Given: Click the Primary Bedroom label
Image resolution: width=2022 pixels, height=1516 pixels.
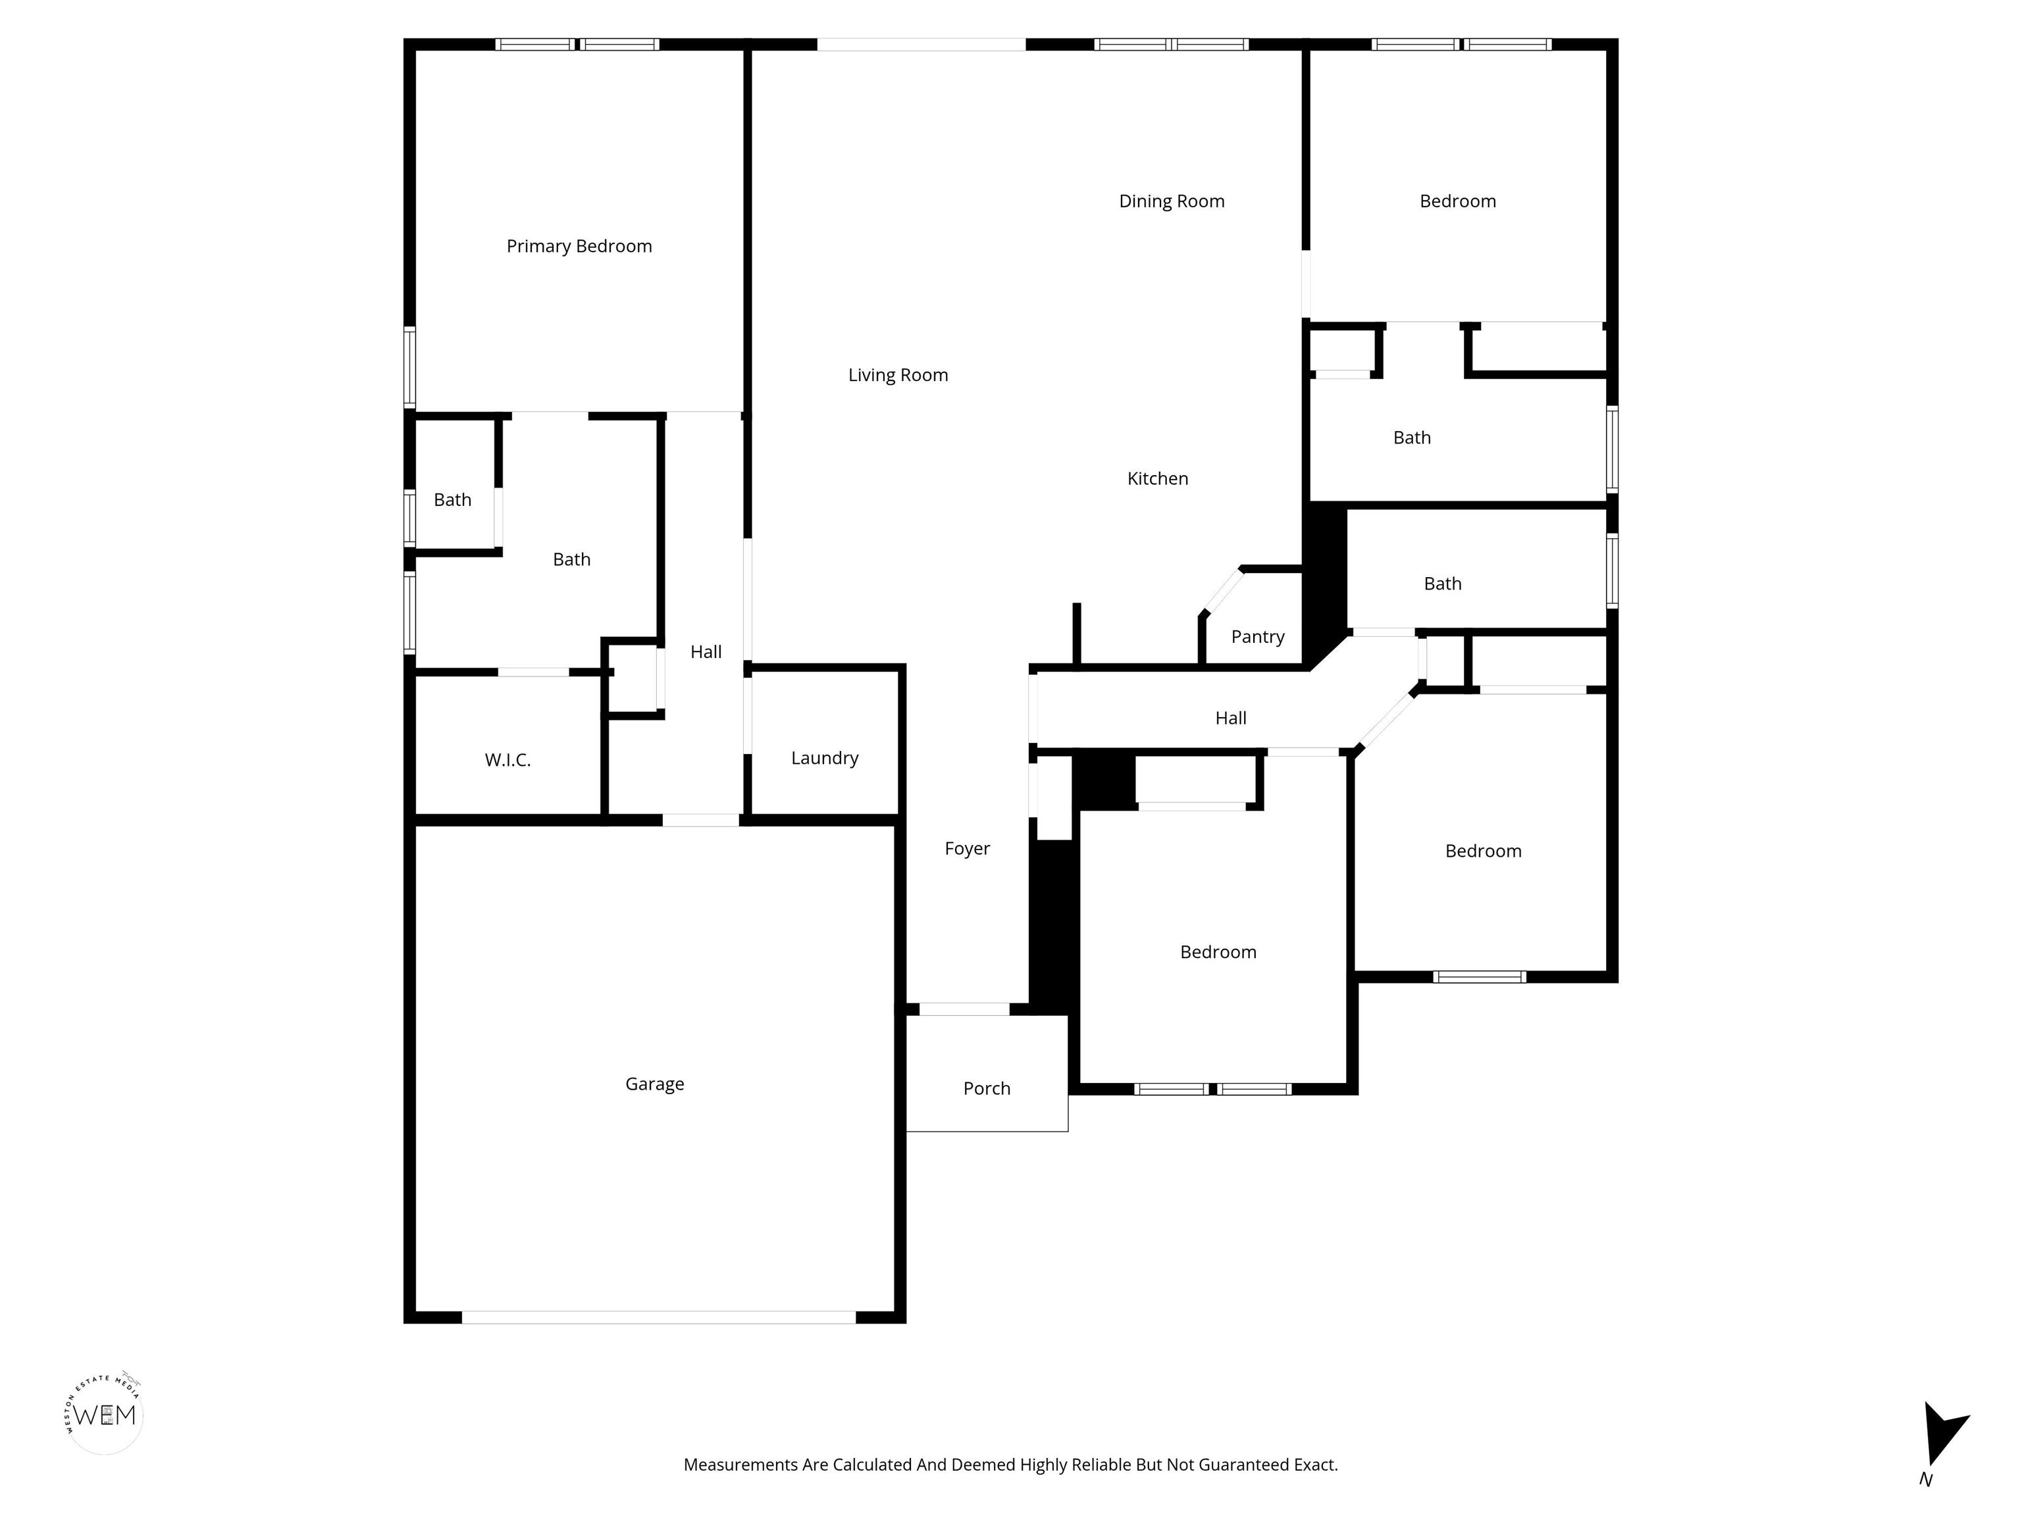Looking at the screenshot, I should pyautogui.click(x=579, y=246).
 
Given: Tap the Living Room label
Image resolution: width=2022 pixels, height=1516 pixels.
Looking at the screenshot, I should pyautogui.click(x=898, y=374).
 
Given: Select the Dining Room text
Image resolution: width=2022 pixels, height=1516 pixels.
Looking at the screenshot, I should pyautogui.click(x=1171, y=201).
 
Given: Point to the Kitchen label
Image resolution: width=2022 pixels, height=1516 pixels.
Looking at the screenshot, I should pyautogui.click(x=1157, y=478).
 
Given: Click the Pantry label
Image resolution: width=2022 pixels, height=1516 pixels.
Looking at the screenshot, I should pyautogui.click(x=1257, y=636).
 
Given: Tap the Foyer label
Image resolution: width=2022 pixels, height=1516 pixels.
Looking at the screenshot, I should pyautogui.click(x=967, y=848).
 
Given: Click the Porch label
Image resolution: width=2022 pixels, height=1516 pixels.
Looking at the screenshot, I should pyautogui.click(x=987, y=1088).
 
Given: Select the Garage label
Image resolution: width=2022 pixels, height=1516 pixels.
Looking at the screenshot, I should pyautogui.click(x=654, y=1084).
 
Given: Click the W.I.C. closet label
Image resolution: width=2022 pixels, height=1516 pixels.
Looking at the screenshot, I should pyautogui.click(x=507, y=759).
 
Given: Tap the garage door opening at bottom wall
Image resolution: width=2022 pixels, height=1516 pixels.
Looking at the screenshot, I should pyautogui.click(x=658, y=1317).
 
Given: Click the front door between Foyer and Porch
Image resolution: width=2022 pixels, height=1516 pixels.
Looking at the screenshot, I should pyautogui.click(x=964, y=1009).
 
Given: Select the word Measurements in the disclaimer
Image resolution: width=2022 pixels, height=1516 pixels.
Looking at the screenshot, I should pyautogui.click(x=740, y=1465).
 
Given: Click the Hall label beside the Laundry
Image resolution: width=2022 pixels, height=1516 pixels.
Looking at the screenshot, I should pyautogui.click(x=706, y=651).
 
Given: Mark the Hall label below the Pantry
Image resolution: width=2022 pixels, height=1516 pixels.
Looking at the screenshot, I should pyautogui.click(x=1230, y=719).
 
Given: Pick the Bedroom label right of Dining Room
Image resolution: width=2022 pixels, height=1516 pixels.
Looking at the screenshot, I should pyautogui.click(x=1457, y=201).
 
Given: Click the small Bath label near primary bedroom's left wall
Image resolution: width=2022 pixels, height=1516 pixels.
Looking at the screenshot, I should pyautogui.click(x=452, y=500).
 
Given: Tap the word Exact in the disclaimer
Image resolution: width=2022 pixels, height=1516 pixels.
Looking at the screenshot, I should pyautogui.click(x=1316, y=1465).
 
